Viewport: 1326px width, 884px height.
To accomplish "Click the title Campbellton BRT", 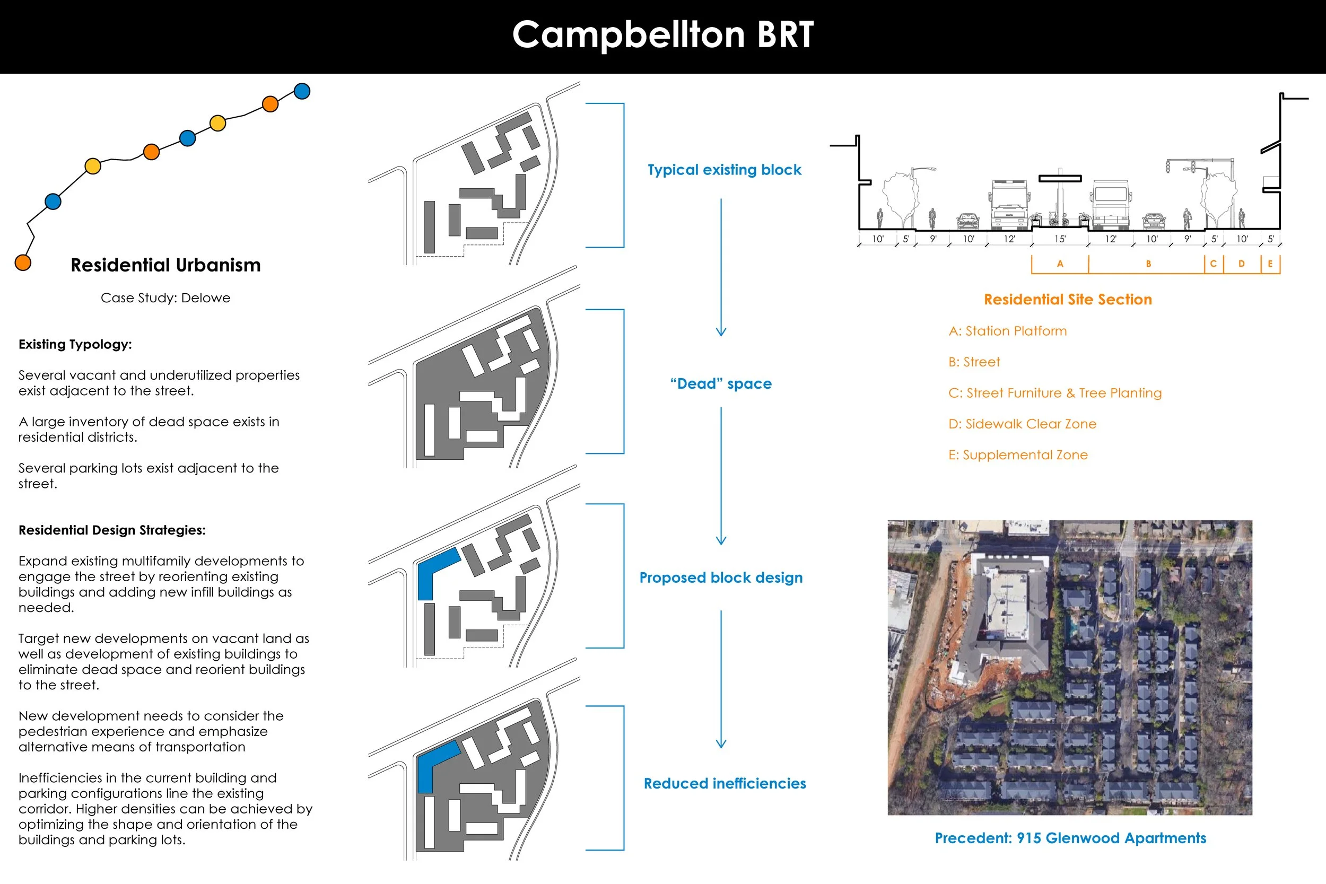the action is click(663, 35).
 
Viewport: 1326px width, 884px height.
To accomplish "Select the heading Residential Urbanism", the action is click(165, 265).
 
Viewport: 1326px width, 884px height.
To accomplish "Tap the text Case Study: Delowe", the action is click(165, 297).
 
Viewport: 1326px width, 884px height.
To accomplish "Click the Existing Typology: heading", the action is click(75, 345).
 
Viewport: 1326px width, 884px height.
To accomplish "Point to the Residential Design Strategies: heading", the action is click(112, 530).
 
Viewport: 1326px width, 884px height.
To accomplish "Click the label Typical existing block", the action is click(725, 170).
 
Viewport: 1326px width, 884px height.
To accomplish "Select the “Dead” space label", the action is click(721, 384).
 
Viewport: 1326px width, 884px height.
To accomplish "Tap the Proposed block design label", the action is click(721, 578).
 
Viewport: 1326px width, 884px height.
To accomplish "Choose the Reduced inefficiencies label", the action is click(725, 784).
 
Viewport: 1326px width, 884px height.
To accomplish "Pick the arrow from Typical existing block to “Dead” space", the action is click(721, 267).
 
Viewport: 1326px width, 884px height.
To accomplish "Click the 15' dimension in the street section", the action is click(1060, 239).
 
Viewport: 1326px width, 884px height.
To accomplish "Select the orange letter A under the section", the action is click(1060, 264).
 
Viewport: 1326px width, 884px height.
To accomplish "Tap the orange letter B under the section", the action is click(1148, 264).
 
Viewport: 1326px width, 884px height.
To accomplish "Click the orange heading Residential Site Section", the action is click(1068, 300).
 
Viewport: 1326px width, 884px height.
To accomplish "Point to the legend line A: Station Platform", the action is click(1007, 331).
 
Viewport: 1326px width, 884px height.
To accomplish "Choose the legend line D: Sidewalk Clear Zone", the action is click(1022, 424).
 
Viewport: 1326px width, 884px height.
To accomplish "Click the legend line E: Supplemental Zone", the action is click(1018, 455).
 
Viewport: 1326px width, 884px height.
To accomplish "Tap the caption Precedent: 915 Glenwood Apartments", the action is click(1070, 838).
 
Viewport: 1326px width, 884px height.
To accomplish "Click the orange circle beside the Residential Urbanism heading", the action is click(23, 262).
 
